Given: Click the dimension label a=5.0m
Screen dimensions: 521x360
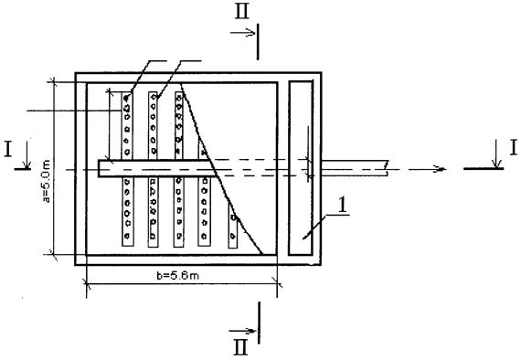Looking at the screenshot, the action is [47, 181].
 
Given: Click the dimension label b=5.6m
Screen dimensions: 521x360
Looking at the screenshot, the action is [178, 275].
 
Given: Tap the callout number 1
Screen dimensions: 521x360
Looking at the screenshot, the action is [342, 206].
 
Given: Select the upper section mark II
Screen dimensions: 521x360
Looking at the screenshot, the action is [242, 12].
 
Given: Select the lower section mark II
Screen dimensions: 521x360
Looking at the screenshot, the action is [240, 347].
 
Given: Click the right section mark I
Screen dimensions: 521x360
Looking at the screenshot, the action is [514, 147].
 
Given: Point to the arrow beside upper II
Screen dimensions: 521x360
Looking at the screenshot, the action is [242, 33].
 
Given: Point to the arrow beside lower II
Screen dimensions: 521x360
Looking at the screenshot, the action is [242, 331].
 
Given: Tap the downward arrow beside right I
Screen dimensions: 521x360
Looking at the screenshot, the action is [496, 154].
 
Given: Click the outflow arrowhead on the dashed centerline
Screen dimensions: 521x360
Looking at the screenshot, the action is [441, 169].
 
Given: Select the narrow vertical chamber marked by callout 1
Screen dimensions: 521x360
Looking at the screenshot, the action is [301, 168].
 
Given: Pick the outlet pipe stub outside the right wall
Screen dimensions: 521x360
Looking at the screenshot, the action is [355, 168].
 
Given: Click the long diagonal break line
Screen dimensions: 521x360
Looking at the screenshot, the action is [222, 169].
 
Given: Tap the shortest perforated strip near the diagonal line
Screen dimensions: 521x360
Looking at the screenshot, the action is [233, 226].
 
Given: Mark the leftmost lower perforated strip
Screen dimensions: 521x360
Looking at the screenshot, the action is [128, 212].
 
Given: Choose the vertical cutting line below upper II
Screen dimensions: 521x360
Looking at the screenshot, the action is [258, 41].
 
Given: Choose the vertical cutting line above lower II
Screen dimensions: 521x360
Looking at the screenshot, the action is [259, 323].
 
